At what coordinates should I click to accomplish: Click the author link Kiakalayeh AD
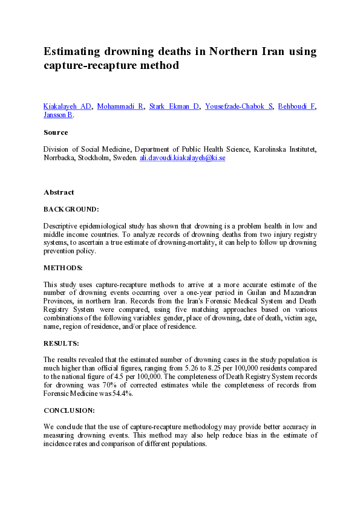(67, 106)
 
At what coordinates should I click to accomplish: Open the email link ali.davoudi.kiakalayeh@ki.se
(182, 157)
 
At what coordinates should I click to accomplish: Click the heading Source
(56, 132)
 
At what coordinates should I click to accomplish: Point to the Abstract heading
(59, 192)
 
